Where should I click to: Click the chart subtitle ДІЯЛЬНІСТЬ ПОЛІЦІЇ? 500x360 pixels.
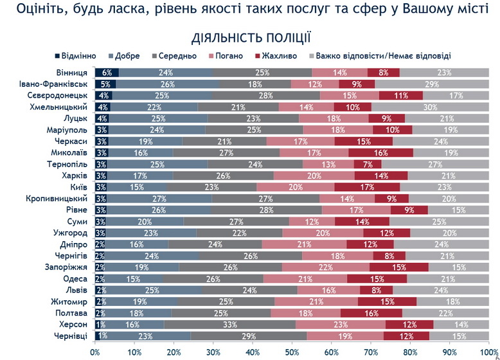click(252, 37)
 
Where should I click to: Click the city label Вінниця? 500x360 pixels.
click(74, 73)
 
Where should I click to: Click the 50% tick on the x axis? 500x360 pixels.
click(292, 352)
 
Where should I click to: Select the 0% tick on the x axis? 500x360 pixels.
click(96, 352)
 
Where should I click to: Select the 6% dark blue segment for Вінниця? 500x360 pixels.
click(107, 73)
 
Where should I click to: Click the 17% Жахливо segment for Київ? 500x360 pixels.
click(367, 187)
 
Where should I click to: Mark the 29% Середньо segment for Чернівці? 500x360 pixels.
click(249, 336)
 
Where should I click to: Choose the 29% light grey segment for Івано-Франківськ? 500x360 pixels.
click(431, 84)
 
